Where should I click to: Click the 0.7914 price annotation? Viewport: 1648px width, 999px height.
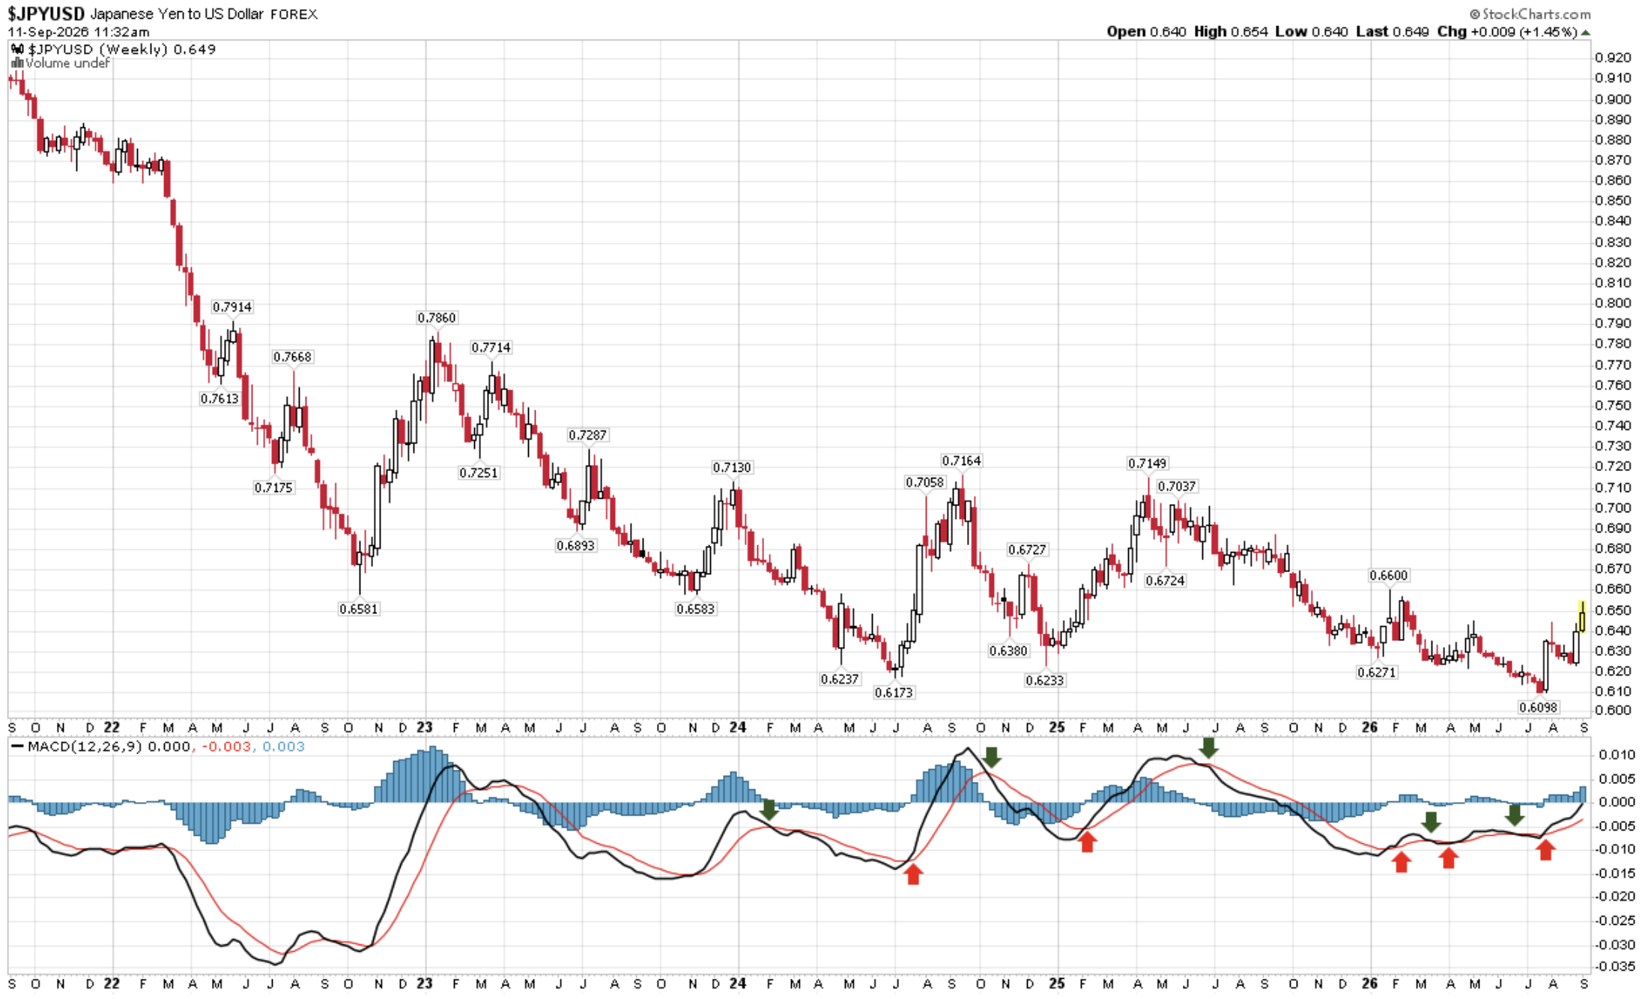[232, 307]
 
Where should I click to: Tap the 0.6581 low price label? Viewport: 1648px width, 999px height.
[359, 609]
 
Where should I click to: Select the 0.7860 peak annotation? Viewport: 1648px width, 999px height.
[437, 318]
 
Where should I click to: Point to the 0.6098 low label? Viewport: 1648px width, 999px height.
[1539, 707]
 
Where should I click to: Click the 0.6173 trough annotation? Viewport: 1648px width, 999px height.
[894, 693]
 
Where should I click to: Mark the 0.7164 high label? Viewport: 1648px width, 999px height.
[962, 461]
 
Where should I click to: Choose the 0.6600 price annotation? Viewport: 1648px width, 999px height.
[1389, 575]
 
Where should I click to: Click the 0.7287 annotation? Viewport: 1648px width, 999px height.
[588, 435]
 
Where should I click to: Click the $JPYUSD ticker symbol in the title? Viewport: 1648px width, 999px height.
[46, 13]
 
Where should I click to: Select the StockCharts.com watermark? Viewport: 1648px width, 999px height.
[1530, 14]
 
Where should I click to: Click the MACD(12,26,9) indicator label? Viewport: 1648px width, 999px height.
[85, 747]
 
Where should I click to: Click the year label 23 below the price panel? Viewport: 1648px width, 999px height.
[425, 727]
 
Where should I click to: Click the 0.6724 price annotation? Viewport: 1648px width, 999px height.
[1165, 580]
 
